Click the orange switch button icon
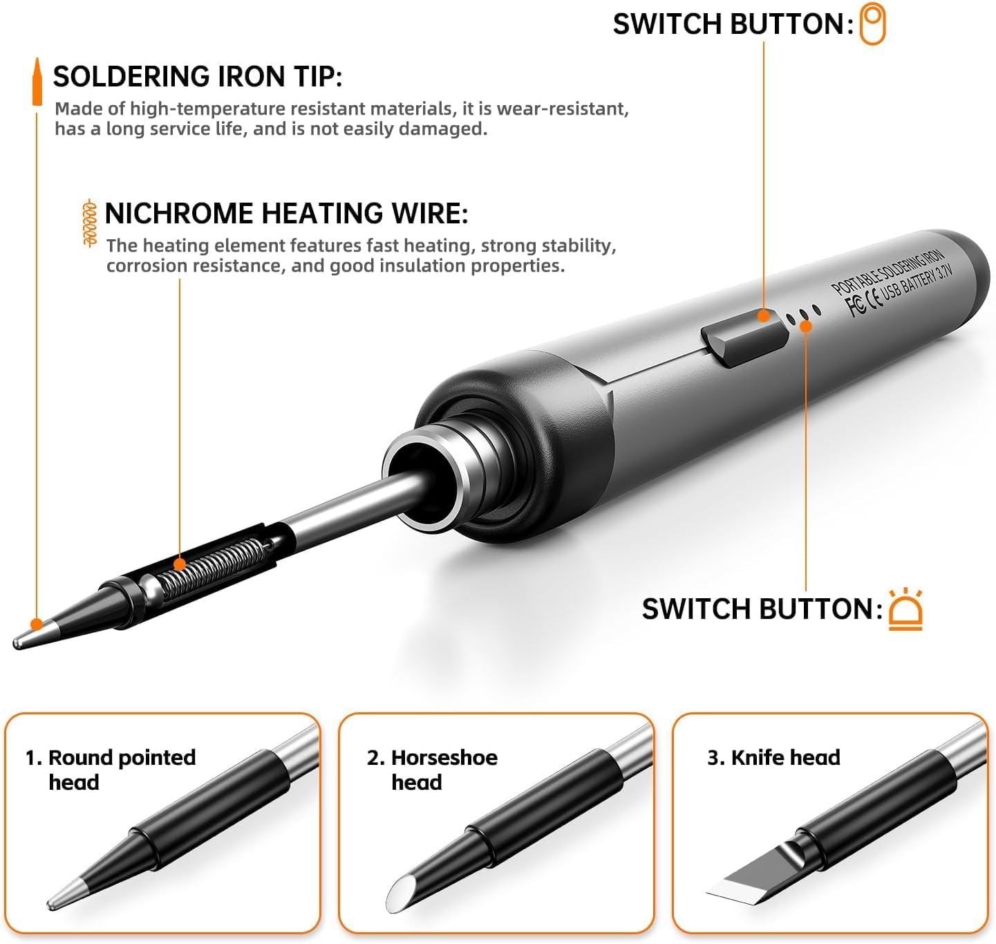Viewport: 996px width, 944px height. click(872, 24)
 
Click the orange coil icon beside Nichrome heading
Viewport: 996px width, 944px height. click(90, 223)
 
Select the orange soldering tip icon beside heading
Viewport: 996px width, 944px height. click(37, 82)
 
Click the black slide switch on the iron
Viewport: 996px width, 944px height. click(744, 338)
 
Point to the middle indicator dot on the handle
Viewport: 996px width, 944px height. click(803, 315)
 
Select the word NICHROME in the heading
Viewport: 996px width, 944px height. click(178, 214)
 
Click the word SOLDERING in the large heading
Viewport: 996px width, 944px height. click(131, 77)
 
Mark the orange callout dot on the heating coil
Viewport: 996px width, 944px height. click(179, 564)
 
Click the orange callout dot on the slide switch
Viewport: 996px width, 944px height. click(764, 316)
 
